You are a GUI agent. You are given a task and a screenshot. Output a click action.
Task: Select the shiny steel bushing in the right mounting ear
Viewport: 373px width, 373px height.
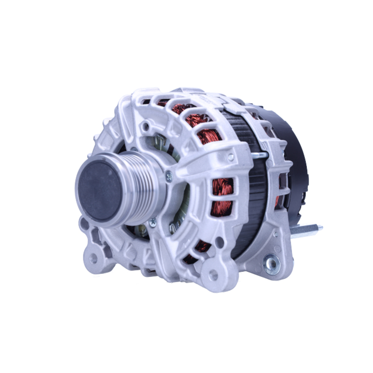point(271,264)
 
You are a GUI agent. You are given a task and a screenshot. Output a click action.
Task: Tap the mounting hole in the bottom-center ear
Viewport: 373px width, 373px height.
point(213,275)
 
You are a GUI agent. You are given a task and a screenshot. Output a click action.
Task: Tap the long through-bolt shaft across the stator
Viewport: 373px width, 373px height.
point(259,155)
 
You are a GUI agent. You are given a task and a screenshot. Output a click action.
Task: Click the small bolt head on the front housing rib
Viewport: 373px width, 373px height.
point(231,157)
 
